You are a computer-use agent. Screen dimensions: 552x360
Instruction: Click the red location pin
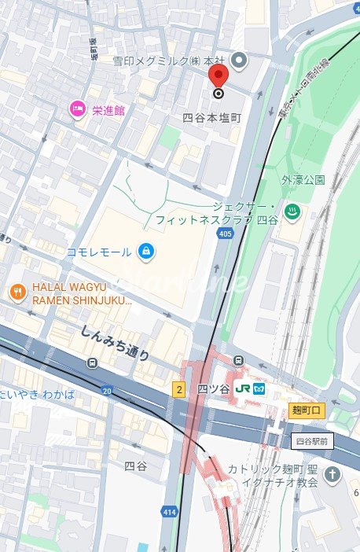pos(218,75)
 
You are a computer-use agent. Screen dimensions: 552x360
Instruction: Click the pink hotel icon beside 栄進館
pos(78,109)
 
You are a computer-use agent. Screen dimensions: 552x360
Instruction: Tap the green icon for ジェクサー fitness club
pos(291,211)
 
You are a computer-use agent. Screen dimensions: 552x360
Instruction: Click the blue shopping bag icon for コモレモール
pos(145,251)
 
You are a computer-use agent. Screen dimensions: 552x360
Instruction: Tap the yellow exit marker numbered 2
pos(179,389)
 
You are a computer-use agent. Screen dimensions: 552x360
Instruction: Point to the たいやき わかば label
pos(37,394)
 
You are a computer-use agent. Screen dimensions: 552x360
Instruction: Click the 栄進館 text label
pos(108,110)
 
